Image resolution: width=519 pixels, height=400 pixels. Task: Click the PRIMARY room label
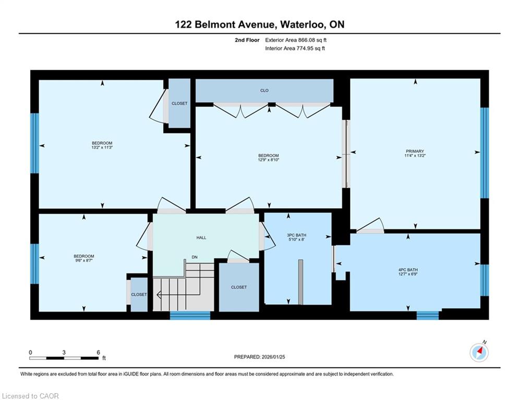coord(415,151)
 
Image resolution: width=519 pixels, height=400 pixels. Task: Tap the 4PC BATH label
coord(408,270)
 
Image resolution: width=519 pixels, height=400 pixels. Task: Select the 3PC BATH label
coord(296,235)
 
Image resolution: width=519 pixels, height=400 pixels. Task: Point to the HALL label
coord(201,238)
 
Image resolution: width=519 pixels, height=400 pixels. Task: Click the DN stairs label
coord(195,257)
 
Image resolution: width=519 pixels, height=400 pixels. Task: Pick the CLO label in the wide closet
coord(264,90)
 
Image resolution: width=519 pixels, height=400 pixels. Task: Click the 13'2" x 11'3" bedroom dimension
coord(102,147)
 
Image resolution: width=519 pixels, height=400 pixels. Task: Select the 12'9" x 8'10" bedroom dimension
coord(269,160)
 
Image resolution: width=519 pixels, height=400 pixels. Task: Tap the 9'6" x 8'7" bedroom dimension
coord(84,260)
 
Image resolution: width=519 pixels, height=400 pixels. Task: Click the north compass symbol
coord(479,353)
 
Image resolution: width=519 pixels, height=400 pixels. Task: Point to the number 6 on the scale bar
coord(98,353)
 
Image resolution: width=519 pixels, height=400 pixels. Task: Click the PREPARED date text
coord(260,357)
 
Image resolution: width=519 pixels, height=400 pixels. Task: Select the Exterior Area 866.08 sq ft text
coord(296,40)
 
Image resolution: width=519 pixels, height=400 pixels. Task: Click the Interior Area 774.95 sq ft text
coord(295,48)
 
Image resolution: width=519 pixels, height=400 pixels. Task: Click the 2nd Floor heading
coord(247,40)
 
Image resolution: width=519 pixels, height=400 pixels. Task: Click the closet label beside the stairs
coord(239,287)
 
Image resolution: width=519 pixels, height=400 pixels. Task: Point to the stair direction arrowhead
coord(158,294)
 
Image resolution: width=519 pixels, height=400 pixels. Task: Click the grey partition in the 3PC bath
coord(300,282)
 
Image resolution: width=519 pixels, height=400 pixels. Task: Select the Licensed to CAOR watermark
coord(30,396)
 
